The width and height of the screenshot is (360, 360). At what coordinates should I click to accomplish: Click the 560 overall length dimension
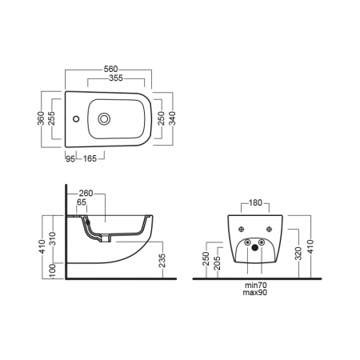coord(110,70)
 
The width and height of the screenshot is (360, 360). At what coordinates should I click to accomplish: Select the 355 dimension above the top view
coord(116,78)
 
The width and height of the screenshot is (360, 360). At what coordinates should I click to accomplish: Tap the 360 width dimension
coord(41,118)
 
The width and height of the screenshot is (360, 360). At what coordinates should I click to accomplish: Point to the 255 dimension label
coord(51,118)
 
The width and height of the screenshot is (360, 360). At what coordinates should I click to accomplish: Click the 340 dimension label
coord(172,118)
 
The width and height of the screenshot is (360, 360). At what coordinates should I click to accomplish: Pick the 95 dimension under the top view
coord(70,158)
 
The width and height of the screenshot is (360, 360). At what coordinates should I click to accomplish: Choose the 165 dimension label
coord(90,158)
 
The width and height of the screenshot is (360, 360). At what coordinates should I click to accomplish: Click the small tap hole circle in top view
coord(76,118)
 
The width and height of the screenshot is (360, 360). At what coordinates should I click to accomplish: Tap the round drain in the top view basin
coord(104,118)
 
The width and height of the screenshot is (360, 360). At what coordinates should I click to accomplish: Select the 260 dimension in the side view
coord(86,193)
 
